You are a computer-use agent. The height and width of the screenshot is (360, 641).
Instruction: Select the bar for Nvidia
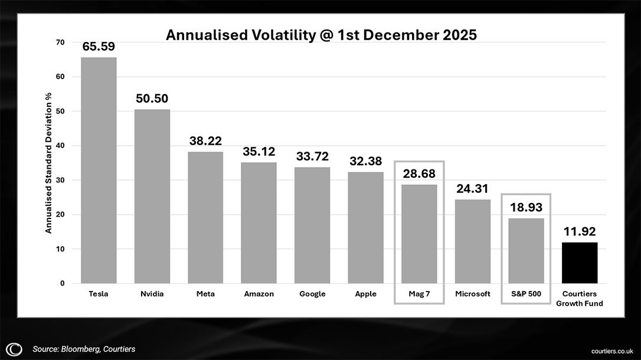pyautogui.click(x=152, y=196)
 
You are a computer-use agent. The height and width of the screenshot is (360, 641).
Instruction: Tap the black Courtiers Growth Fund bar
pyautogui.click(x=580, y=263)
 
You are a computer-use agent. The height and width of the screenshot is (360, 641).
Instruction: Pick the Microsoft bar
pyautogui.click(x=472, y=241)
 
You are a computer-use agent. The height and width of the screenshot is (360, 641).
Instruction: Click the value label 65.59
pyautogui.click(x=99, y=47)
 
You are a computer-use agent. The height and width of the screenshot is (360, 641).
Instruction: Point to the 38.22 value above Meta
pyautogui.click(x=205, y=141)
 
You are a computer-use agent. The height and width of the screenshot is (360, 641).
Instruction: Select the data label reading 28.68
pyautogui.click(x=419, y=174)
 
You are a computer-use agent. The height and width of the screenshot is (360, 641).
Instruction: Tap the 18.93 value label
pyautogui.click(x=526, y=208)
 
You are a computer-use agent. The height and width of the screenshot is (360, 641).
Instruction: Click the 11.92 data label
pyautogui.click(x=580, y=232)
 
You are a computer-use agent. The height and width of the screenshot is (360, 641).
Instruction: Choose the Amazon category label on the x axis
pyautogui.click(x=259, y=294)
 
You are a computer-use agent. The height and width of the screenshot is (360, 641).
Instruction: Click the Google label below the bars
pyautogui.click(x=312, y=294)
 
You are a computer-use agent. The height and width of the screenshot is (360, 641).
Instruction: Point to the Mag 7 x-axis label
pyautogui.click(x=419, y=294)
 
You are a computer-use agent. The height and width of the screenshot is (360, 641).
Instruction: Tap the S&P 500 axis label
pyautogui.click(x=526, y=294)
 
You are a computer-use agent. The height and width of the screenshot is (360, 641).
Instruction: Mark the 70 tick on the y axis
pyautogui.click(x=60, y=42)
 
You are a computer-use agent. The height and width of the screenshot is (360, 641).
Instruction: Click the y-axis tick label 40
pyautogui.click(x=60, y=146)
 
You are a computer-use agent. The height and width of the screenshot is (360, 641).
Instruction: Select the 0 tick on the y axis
pyautogui.click(x=62, y=283)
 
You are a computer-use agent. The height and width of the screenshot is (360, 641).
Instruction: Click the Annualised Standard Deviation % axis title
pyautogui.click(x=49, y=162)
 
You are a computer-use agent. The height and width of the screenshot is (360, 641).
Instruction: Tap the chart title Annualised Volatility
pyautogui.click(x=321, y=35)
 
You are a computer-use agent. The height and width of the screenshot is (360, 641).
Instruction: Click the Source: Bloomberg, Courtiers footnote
pyautogui.click(x=84, y=349)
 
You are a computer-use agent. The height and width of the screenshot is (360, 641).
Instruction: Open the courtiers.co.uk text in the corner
pyautogui.click(x=613, y=351)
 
